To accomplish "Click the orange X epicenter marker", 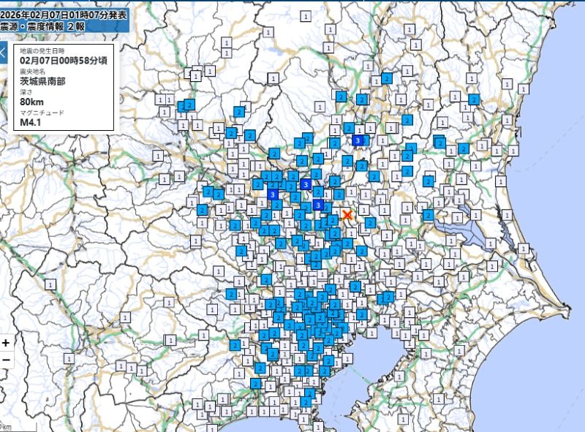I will coord(347,214).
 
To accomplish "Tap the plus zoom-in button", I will coord(6,342).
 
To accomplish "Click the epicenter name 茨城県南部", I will coord(43,81).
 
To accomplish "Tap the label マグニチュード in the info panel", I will coord(42,113).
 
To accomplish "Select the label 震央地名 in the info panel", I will coord(32,72).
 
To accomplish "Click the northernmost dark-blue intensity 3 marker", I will coord(358,140).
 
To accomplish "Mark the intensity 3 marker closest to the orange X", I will coord(318,205).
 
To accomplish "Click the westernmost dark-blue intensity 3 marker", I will coord(273,195).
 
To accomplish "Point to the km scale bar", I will coord(7,426).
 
